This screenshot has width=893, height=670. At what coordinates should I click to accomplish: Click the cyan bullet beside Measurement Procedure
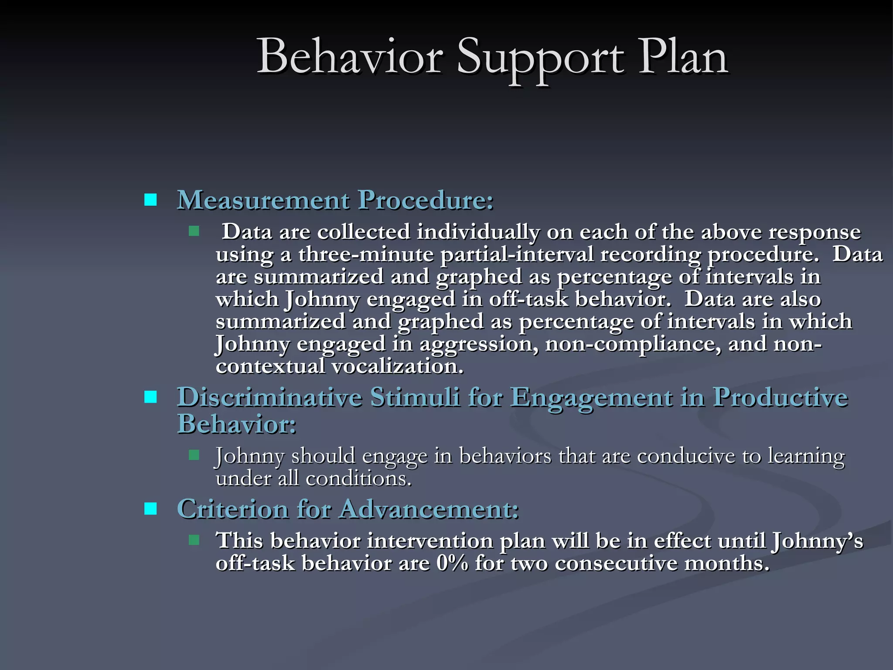point(150,200)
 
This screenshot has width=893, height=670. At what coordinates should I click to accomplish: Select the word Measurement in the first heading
point(263,200)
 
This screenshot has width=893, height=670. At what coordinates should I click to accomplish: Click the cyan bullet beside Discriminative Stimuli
point(150,397)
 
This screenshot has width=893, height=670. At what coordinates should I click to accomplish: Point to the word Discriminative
point(269,397)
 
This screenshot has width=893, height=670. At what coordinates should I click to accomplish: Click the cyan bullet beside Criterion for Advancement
point(150,509)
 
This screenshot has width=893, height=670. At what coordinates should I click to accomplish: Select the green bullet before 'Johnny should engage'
point(194,455)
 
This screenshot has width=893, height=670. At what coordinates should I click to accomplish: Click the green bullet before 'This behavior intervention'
point(194,540)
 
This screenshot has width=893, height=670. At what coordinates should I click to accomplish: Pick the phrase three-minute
point(366,254)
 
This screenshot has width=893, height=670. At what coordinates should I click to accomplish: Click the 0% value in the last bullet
point(452,563)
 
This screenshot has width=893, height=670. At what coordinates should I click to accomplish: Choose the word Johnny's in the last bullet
point(817,541)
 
